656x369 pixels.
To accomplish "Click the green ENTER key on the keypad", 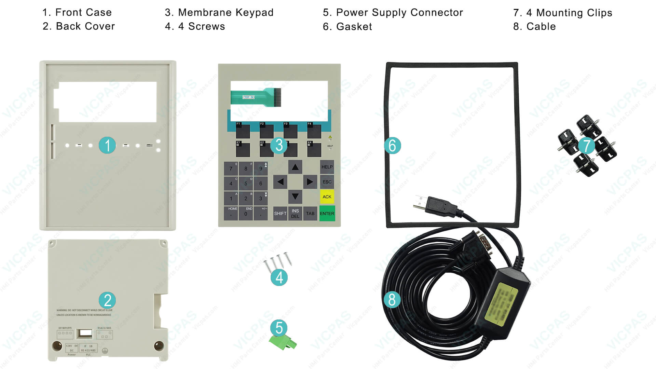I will [327, 214].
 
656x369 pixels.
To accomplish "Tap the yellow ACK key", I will [327, 197].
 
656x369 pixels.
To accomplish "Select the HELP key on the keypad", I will [327, 167].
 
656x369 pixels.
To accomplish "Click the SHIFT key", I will [280, 214].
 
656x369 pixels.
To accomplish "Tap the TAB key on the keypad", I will [310, 214].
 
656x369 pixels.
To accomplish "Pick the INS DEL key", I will [295, 214].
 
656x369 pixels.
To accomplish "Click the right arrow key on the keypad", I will [310, 182].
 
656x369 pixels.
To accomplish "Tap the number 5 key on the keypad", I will [246, 183].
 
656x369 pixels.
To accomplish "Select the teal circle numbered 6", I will [392, 146].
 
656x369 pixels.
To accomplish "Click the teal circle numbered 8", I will [392, 300].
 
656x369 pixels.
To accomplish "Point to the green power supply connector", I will [283, 342].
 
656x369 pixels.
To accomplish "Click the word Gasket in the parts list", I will [354, 27].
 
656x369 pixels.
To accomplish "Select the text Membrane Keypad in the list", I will [226, 13].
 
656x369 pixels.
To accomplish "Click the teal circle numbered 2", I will [108, 300].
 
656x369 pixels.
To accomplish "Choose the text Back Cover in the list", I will [85, 26].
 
